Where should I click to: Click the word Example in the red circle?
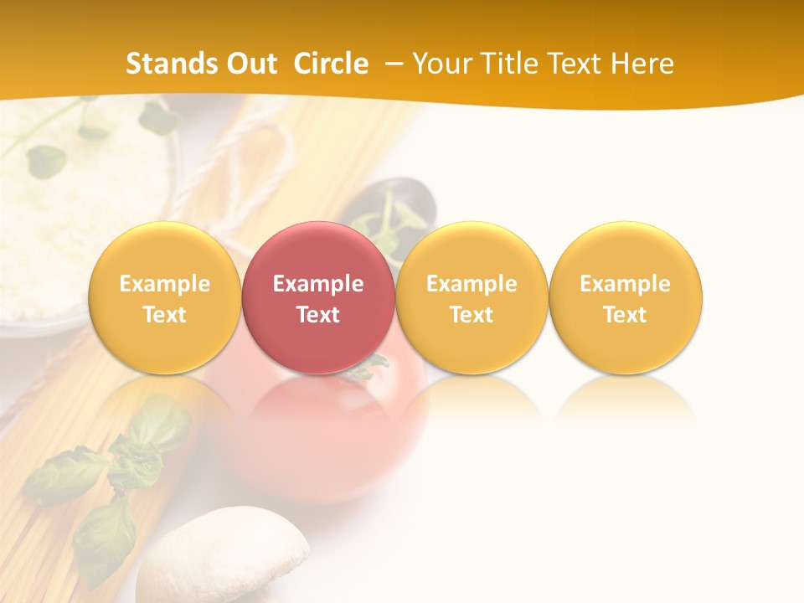click(x=318, y=284)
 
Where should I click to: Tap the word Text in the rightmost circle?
click(x=625, y=315)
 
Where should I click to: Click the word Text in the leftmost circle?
click(x=164, y=315)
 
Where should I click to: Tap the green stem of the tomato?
click(x=368, y=367)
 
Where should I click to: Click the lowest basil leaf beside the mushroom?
click(x=105, y=536)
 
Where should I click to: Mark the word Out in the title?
click(x=249, y=64)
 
